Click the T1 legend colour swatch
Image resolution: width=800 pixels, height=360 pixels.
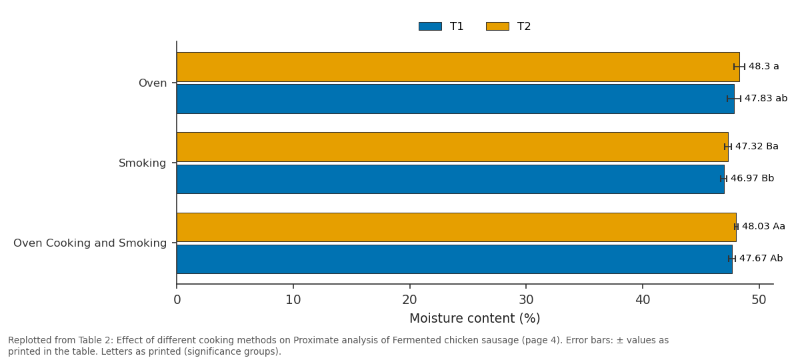coord(430,27)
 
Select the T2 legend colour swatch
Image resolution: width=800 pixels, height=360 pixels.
coord(497,27)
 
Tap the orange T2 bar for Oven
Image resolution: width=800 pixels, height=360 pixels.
coord(458,67)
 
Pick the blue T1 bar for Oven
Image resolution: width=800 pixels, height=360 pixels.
coord(455,99)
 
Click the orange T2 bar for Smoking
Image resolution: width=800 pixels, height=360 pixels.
coord(453,147)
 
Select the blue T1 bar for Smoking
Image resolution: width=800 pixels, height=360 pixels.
coord(451,179)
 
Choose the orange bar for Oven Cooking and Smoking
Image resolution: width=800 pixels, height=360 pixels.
coord(457,227)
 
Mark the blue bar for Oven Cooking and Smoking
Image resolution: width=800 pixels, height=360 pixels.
coord(454,259)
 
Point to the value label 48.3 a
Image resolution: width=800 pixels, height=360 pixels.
coord(763,67)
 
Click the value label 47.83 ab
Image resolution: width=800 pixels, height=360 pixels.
coord(766,98)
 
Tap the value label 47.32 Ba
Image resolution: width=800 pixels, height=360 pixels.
coord(757,147)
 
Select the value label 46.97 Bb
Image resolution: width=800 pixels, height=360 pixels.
coord(753,178)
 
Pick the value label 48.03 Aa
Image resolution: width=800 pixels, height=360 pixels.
coord(763,227)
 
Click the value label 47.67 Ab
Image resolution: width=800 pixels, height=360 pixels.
coord(761,258)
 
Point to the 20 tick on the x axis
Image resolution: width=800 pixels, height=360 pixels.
coord(409,287)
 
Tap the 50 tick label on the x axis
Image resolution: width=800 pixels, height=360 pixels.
coord(759,300)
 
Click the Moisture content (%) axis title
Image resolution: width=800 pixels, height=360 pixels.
coord(475,318)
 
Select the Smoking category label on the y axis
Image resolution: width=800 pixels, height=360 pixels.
coord(143,163)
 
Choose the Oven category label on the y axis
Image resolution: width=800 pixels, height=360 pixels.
coord(153,83)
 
